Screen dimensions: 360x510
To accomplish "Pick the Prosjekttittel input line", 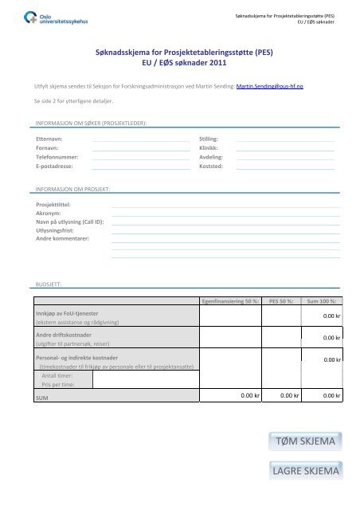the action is click(x=226, y=205).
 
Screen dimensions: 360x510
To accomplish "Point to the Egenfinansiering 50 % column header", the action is click(x=229, y=301).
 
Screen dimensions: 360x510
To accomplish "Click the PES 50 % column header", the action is click(x=281, y=301).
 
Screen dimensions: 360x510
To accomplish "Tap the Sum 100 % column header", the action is click(x=320, y=301).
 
